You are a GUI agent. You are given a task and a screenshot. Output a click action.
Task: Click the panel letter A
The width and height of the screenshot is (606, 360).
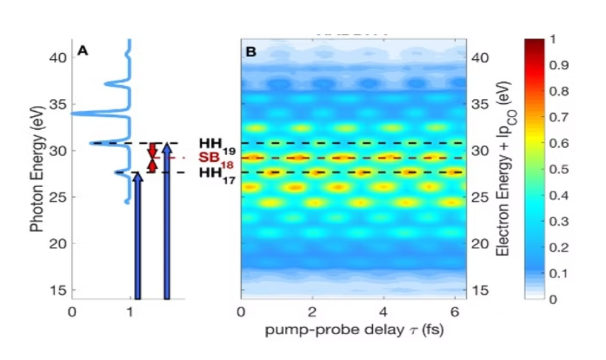point(83,50)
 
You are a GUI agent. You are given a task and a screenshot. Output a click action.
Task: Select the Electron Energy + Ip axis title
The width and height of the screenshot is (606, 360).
point(505,170)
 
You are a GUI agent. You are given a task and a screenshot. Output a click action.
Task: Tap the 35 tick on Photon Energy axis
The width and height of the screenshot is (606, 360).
point(57,104)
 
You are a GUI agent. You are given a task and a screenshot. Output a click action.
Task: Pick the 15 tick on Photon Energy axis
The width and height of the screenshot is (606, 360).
point(57,290)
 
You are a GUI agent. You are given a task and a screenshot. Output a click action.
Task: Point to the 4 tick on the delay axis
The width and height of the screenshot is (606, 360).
point(384,311)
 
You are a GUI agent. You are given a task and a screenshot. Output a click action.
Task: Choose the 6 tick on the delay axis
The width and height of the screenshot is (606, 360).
point(454,311)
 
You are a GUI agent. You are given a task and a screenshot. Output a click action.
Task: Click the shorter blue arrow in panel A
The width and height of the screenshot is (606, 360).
point(137,236)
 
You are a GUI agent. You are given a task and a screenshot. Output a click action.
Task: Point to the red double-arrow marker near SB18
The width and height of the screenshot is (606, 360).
point(153,158)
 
